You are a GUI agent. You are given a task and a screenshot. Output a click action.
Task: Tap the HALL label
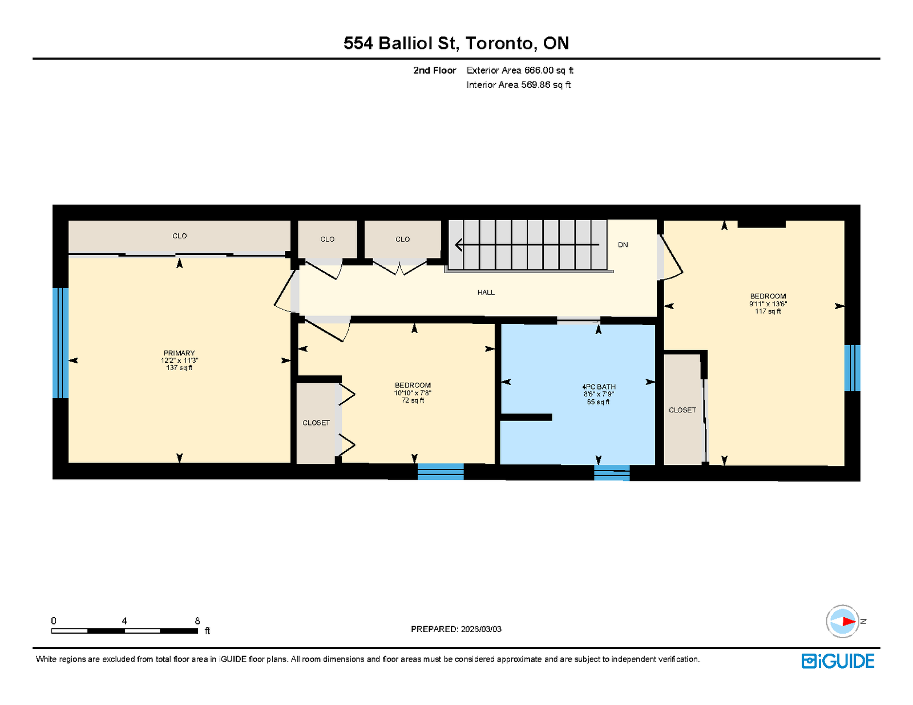[486, 292]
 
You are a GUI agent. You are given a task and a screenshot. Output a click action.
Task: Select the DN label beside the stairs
[623, 245]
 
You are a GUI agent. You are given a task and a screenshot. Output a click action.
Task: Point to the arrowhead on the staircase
[459, 244]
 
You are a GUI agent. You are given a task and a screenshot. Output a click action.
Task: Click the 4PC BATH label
[599, 387]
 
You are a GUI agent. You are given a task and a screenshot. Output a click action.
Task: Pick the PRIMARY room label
[179, 353]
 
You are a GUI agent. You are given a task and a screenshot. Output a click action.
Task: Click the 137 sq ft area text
[179, 368]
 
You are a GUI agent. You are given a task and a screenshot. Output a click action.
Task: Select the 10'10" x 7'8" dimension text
[412, 393]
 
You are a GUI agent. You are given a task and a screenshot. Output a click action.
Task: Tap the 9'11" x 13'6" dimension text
[767, 303]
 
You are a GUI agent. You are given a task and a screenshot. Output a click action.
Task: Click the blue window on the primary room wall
[60, 343]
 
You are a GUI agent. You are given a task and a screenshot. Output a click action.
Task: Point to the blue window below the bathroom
[611, 473]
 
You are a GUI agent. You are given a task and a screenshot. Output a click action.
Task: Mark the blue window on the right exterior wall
[852, 368]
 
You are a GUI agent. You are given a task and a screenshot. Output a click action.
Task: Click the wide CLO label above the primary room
[179, 236]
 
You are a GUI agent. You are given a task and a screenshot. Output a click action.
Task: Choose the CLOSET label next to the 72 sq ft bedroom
[316, 423]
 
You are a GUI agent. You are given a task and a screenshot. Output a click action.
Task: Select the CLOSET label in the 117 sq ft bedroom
[682, 410]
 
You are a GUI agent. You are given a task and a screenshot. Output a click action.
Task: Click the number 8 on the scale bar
[197, 621]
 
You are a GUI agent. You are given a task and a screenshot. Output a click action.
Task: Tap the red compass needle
[849, 621]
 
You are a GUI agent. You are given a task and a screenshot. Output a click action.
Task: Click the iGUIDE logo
[837, 661]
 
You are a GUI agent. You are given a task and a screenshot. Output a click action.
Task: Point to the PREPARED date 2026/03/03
[480, 629]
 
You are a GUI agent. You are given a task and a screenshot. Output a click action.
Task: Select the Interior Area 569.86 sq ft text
[518, 85]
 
